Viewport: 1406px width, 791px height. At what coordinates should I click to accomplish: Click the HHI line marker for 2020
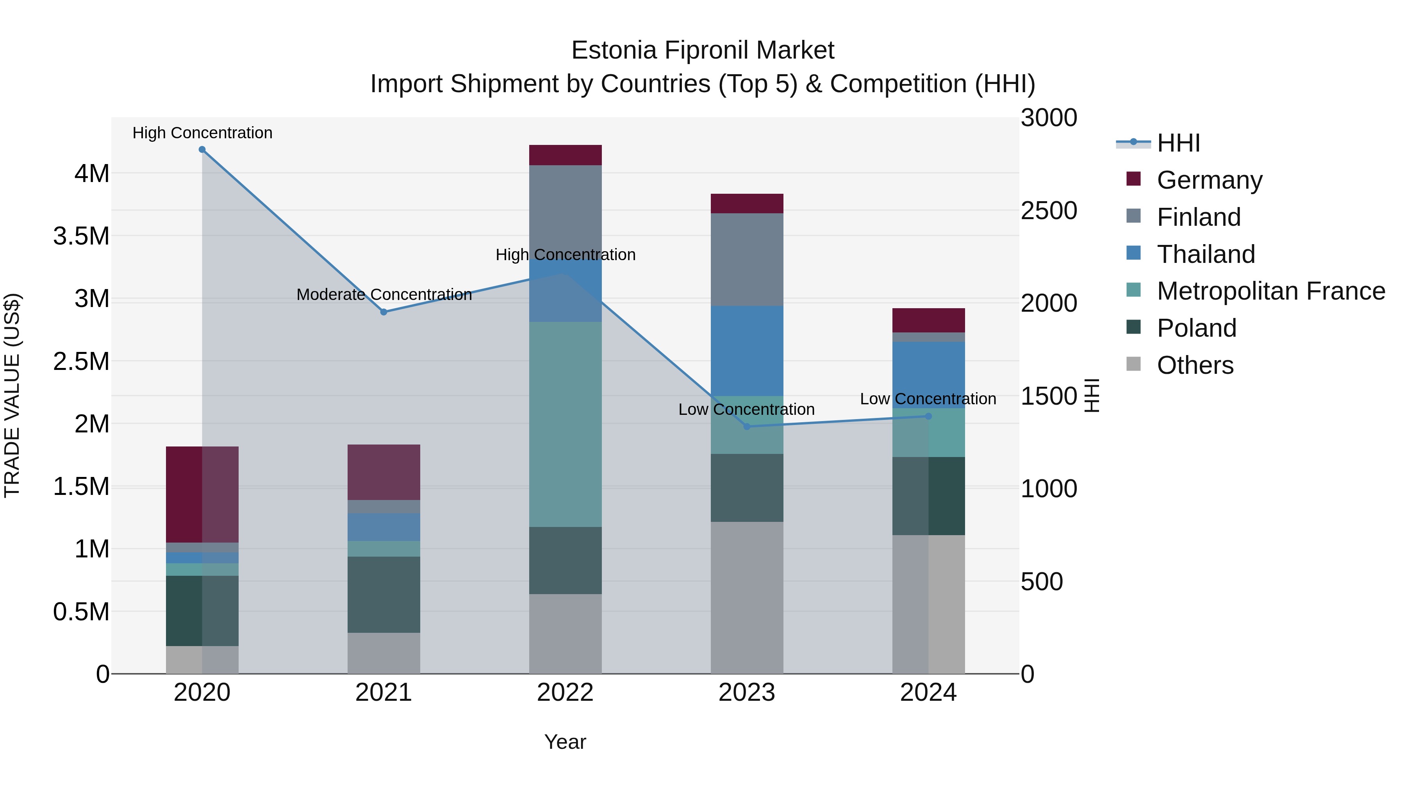coord(202,150)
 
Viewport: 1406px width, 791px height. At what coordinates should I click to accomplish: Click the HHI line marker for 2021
coord(384,312)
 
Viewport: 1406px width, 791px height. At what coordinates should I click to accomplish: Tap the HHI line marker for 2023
coord(747,426)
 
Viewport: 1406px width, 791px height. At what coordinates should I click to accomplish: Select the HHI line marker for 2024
coord(928,416)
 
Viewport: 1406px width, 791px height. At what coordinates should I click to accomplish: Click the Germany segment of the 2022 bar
coord(566,155)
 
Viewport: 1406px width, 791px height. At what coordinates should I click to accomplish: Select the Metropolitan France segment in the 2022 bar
coord(566,424)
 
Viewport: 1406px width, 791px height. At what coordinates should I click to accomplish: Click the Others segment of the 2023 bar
coord(747,597)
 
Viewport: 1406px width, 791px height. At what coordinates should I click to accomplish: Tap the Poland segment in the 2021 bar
coord(384,595)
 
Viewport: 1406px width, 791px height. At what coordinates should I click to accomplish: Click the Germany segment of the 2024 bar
coord(928,320)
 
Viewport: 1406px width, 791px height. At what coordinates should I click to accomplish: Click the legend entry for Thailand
coord(1206,254)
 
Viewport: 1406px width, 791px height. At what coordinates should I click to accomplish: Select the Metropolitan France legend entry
coord(1270,291)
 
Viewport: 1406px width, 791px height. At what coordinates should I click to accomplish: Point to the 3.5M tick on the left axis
coord(81,236)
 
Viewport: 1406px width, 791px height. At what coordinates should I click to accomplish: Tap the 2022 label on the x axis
coord(566,693)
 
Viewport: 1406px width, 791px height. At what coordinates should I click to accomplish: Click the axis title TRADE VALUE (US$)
coord(12,395)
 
